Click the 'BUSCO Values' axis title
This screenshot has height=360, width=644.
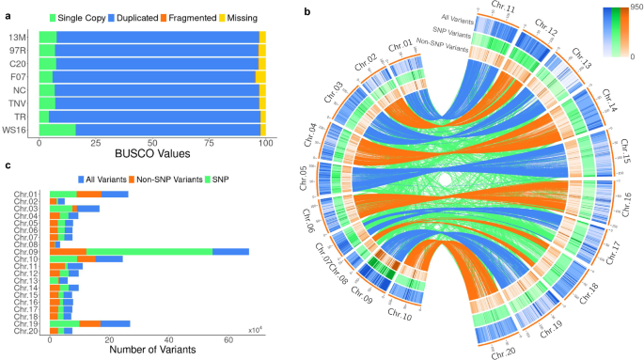153,153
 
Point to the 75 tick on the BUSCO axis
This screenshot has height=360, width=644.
210,143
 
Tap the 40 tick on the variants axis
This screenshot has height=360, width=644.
168,340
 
